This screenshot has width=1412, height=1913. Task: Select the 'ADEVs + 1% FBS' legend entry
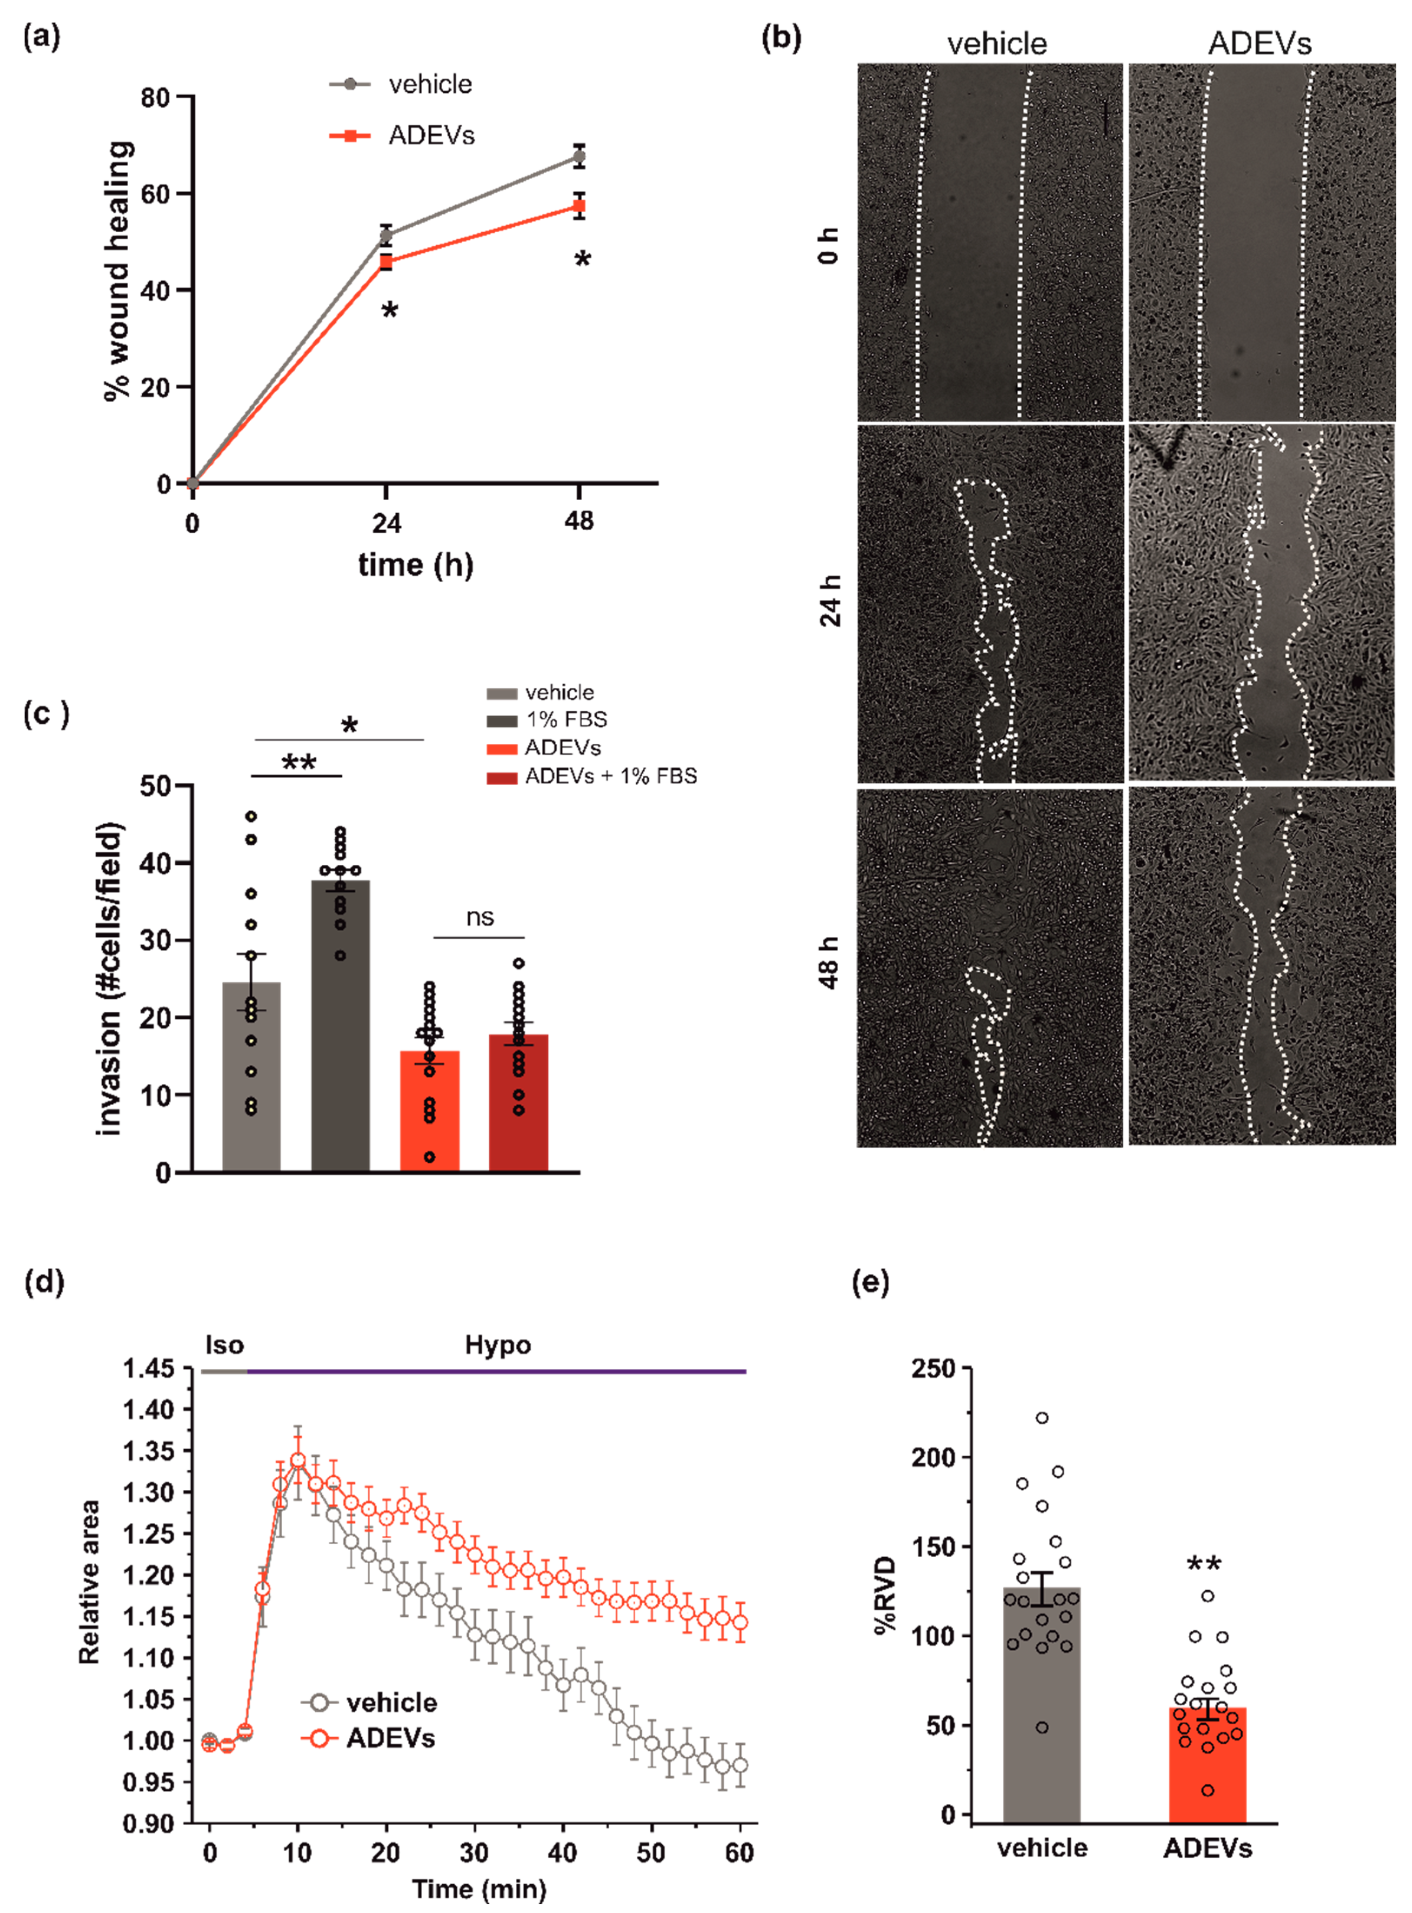[610, 776]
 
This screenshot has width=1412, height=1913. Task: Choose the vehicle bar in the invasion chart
[251, 1077]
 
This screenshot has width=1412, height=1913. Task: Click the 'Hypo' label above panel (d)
[497, 1345]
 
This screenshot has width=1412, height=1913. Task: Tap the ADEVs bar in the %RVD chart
[1207, 1769]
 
